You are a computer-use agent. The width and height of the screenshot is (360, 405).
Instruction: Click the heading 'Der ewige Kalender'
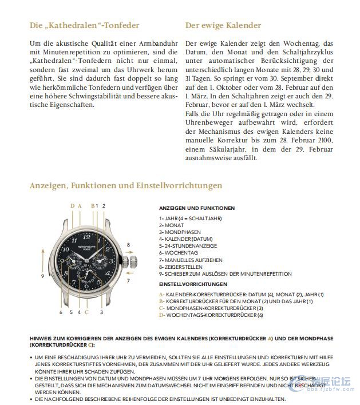(223, 26)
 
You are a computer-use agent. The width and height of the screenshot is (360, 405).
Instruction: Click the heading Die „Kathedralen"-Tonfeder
(84, 26)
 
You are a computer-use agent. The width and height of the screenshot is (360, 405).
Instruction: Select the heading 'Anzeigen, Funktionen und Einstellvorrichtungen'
(126, 186)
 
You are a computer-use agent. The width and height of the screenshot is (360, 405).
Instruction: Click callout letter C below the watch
(86, 312)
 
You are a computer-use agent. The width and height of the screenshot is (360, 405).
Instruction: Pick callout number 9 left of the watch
(42, 276)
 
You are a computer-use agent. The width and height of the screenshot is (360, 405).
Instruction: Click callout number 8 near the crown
(128, 244)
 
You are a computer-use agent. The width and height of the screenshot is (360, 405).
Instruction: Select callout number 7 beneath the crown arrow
(128, 281)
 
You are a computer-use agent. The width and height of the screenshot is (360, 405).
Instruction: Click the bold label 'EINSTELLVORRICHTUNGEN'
(193, 284)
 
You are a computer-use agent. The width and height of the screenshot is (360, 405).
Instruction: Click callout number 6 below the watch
(61, 312)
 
